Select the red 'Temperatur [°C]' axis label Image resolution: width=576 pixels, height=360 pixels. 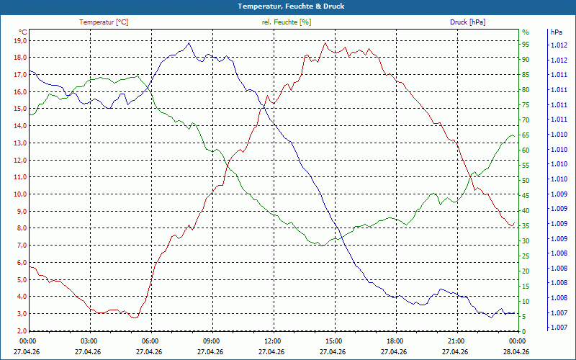point(104,22)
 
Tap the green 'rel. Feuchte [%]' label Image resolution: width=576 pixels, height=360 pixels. point(287,22)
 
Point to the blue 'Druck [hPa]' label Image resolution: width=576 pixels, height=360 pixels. point(467,22)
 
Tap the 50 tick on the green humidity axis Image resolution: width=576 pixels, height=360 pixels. point(526,180)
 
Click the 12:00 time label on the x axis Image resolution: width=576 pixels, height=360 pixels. point(272,341)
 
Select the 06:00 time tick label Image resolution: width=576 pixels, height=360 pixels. point(150,341)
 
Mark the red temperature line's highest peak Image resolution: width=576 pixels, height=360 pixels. point(325,43)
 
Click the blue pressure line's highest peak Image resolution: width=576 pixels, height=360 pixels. point(189,42)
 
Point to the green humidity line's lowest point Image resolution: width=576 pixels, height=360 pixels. point(321,246)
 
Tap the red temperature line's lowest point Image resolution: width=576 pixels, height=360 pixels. point(134,318)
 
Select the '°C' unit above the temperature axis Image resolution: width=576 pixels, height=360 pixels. point(23,32)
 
